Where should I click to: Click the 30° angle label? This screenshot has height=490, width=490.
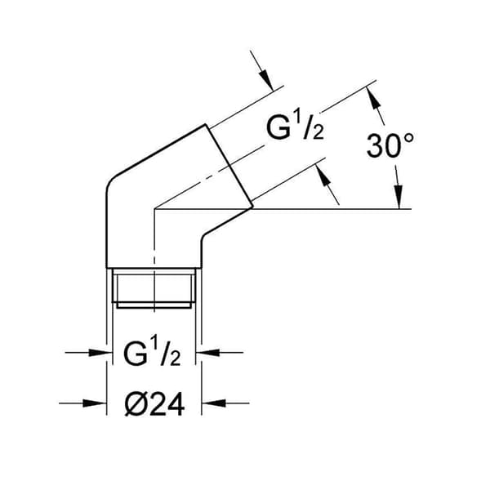click(x=390, y=145)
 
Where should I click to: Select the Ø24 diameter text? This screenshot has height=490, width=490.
click(x=154, y=404)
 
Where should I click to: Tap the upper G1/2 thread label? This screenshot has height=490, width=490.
click(x=295, y=127)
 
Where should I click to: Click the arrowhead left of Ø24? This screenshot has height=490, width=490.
click(x=96, y=403)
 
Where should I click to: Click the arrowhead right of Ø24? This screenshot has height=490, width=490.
click(x=213, y=403)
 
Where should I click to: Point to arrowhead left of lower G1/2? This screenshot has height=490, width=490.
click(x=100, y=353)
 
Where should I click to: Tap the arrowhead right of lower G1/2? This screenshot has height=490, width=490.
click(x=207, y=353)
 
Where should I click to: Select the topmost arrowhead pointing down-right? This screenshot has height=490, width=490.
click(x=265, y=80)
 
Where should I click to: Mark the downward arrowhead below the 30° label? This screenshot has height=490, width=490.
click(x=398, y=197)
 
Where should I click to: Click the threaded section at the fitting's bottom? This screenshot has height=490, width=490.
click(x=154, y=288)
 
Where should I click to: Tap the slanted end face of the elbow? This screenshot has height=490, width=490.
click(x=229, y=166)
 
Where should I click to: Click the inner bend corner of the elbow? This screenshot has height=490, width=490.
click(x=203, y=237)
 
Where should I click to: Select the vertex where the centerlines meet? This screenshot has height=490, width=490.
click(x=154, y=209)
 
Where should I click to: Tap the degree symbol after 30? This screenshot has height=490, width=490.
click(x=409, y=139)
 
